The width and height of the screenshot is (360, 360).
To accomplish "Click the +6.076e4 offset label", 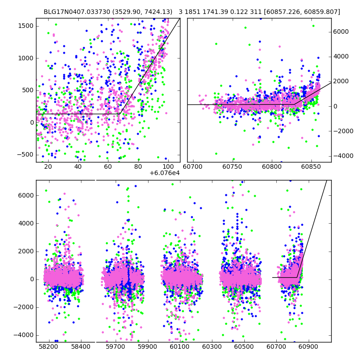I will (x=165, y=173).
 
